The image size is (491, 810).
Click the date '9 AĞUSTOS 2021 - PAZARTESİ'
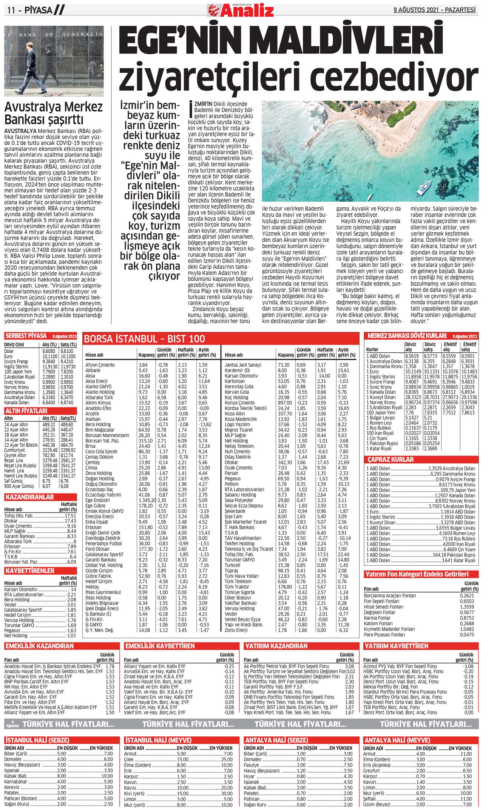pyautogui.click(x=434, y=10)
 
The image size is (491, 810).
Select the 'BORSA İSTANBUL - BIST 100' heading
pyautogui.click(x=145, y=339)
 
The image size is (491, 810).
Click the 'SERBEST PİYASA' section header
pyautogui.click(x=26, y=336)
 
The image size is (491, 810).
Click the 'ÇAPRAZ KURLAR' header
pyautogui.click(x=391, y=460)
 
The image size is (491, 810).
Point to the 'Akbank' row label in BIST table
pyautogui.click(x=93, y=370)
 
